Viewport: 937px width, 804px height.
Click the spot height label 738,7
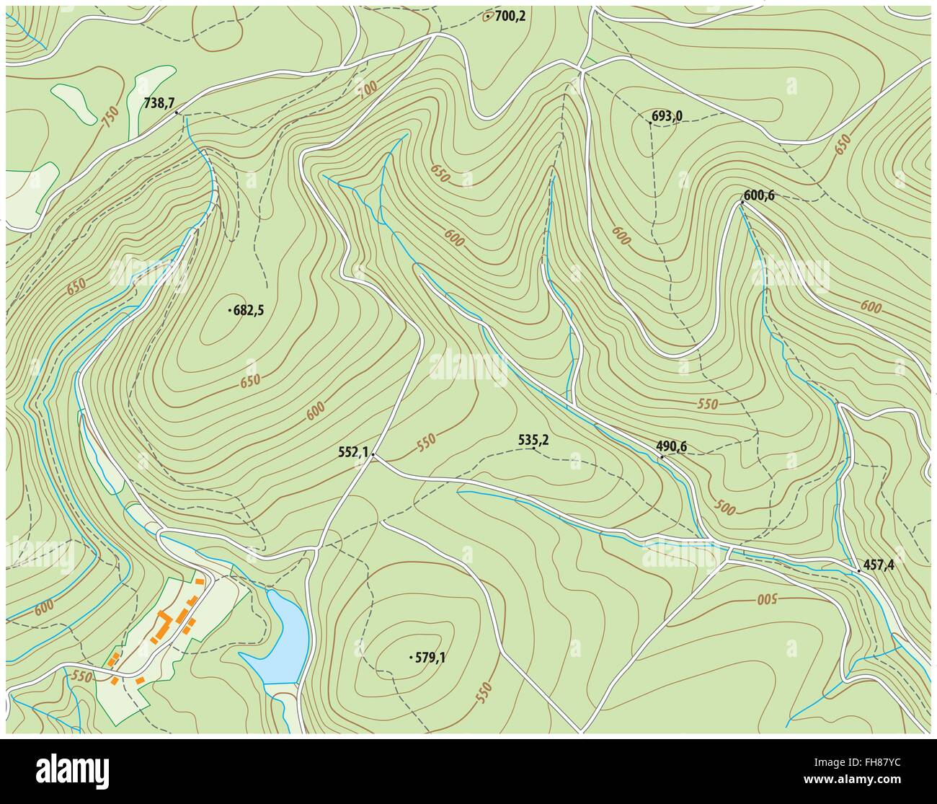pyautogui.click(x=159, y=103)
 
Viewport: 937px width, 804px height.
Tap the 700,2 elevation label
pyautogui.click(x=510, y=15)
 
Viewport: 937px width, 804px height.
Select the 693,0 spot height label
pyautogui.click(x=667, y=115)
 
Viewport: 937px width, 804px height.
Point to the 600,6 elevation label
pyautogui.click(x=758, y=194)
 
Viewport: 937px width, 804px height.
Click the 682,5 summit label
pyautogui.click(x=249, y=311)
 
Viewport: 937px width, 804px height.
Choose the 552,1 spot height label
pyautogui.click(x=353, y=452)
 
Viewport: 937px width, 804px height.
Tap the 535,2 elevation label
pyautogui.click(x=534, y=438)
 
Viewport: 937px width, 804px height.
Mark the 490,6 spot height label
pyautogui.click(x=672, y=447)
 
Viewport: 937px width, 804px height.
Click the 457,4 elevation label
pyautogui.click(x=879, y=565)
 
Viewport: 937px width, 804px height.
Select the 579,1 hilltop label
pyautogui.click(x=430, y=657)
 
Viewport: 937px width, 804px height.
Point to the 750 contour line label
pyautogui.click(x=110, y=118)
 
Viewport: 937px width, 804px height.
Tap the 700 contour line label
pyautogui.click(x=367, y=89)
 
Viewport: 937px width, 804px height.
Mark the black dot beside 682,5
pyautogui.click(x=229, y=311)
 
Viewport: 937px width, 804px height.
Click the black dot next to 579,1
pyautogui.click(x=411, y=657)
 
